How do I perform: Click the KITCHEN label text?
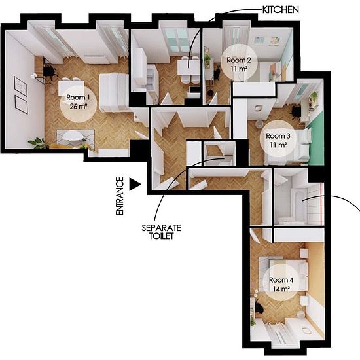point(280,10)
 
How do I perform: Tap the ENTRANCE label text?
point(120,196)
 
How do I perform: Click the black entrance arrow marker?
point(135,184)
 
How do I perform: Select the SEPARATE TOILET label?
point(161,232)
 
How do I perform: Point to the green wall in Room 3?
point(315,142)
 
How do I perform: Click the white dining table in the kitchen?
point(189,67)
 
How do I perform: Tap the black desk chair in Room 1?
point(50,71)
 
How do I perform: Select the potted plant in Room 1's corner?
point(37,143)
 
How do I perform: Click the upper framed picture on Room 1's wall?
point(21,86)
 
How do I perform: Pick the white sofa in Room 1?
point(114,92)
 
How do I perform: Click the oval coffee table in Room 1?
point(73,136)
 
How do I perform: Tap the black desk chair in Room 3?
point(296,113)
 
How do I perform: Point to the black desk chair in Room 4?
point(259,307)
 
